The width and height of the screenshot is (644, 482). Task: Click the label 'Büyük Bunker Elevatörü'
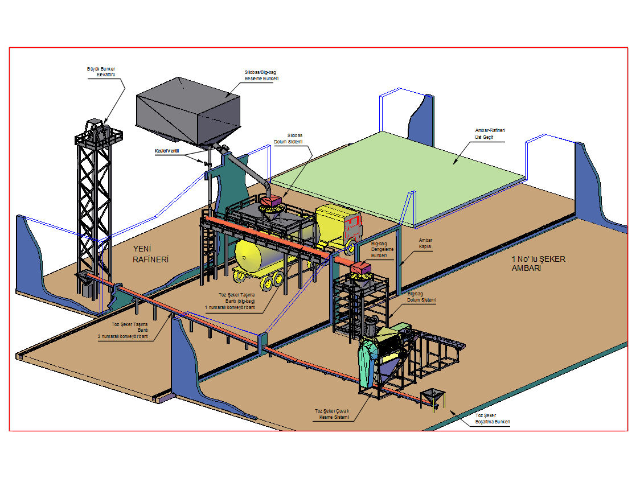pos(101,72)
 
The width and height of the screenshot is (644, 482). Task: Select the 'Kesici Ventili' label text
pos(167,151)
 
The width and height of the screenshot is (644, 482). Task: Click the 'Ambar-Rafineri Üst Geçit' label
pos(490,134)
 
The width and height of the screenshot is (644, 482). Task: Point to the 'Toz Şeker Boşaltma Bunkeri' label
pos(493,419)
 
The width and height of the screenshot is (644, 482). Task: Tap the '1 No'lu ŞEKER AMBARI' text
pos(538,263)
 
